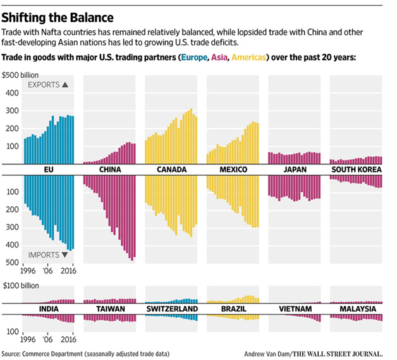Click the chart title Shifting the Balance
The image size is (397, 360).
60,14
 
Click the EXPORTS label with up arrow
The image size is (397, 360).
47,84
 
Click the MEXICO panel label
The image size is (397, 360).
233,170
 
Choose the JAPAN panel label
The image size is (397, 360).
294,170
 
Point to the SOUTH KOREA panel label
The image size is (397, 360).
356,170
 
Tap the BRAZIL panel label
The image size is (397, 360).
233,309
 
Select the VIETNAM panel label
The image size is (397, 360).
294,309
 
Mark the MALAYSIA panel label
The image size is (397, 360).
356,309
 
